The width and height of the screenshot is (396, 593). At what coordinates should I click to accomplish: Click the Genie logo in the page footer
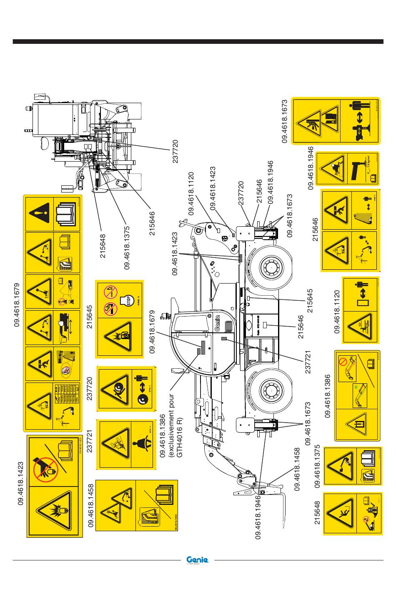point(198,560)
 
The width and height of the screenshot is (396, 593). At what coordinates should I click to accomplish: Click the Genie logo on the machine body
point(217,322)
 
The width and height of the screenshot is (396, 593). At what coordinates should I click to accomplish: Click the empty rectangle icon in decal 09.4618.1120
point(360,300)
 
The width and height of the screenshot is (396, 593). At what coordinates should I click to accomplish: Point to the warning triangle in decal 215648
point(341,513)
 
